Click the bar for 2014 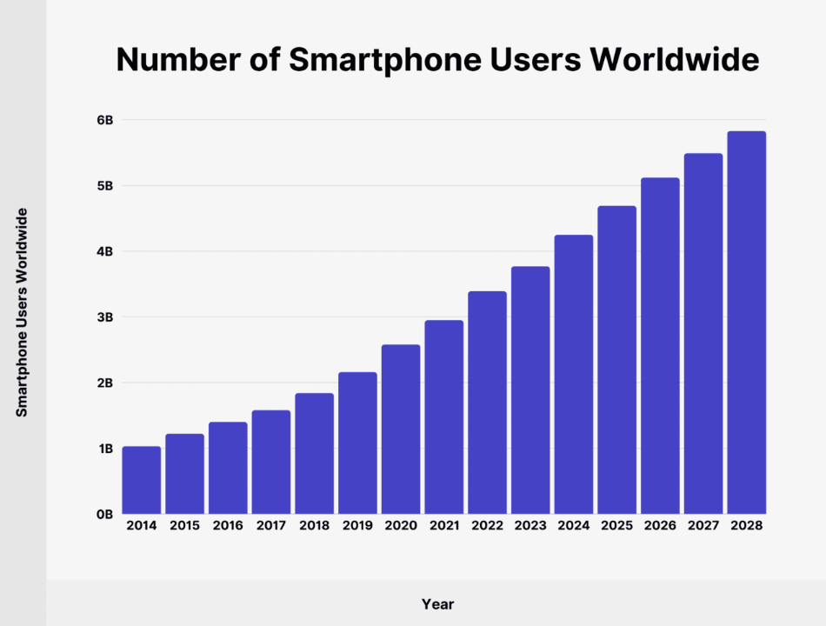coord(141,480)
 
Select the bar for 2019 coord(357,443)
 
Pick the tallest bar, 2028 coord(747,322)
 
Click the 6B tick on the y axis coord(104,120)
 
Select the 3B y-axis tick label coord(104,317)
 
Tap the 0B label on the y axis coord(104,515)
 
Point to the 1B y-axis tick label coord(104,449)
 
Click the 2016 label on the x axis coord(228,526)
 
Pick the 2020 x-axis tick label coord(401,526)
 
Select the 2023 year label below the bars coord(530,526)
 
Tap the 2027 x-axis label coord(703,526)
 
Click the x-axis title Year coord(437,603)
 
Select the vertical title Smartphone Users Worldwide coord(23,313)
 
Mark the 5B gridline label coord(104,186)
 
